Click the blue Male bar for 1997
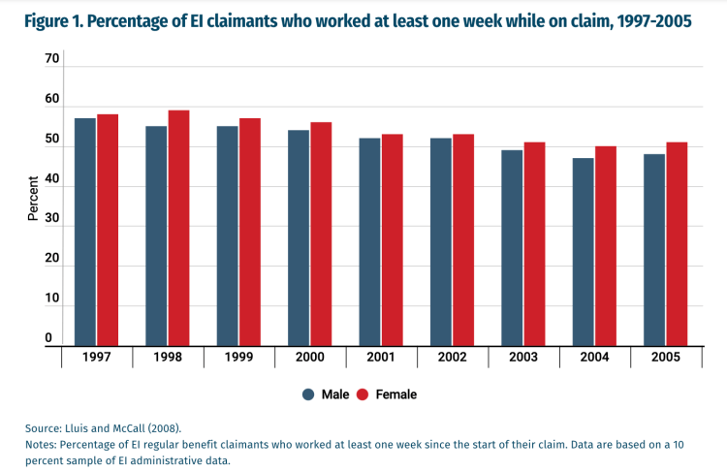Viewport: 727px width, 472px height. (85, 232)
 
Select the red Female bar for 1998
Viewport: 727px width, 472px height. (178, 228)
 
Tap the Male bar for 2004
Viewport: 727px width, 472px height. (584, 251)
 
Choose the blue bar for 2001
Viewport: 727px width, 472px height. (369, 241)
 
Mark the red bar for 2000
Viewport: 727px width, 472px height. (321, 234)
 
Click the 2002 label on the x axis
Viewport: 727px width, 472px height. (453, 358)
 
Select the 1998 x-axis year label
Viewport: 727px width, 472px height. (168, 358)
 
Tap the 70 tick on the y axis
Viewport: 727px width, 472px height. (52, 59)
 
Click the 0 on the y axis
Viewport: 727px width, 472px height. (47, 338)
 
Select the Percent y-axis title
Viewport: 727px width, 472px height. (33, 198)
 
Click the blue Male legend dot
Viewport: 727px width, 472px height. (308, 394)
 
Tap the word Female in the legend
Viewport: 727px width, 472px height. (396, 394)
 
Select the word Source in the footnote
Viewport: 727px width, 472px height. (43, 426)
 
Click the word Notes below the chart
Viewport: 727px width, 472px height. (41, 444)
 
